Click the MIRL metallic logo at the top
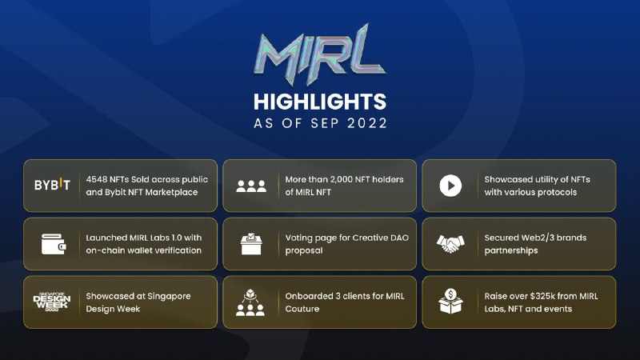tap(319, 54)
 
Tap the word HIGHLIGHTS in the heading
tap(319, 102)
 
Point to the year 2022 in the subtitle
tap(367, 123)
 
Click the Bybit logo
tap(52, 185)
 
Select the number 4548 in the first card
tap(96, 179)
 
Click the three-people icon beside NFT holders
tap(251, 186)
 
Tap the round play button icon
tap(450, 186)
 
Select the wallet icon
tap(54, 244)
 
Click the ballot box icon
tap(251, 244)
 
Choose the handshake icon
tap(450, 244)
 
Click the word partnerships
tap(511, 250)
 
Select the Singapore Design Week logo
tap(52, 302)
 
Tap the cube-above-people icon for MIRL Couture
tap(250, 302)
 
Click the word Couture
tap(302, 309)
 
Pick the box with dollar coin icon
tap(450, 302)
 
